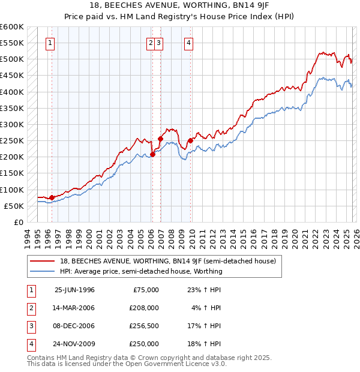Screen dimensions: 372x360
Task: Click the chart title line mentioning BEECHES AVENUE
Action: (x=181, y=4)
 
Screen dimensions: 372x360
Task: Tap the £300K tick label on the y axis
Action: (x=12, y=124)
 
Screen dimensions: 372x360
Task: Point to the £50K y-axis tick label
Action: (x=14, y=206)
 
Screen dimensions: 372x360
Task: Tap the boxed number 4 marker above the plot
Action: (x=188, y=43)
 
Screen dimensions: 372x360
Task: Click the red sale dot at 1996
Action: (x=52, y=197)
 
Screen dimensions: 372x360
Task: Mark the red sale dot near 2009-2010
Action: (x=191, y=140)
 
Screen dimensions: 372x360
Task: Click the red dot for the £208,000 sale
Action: (x=152, y=154)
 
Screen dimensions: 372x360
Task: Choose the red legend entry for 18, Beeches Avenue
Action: (x=167, y=261)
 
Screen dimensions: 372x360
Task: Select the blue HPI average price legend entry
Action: (x=141, y=271)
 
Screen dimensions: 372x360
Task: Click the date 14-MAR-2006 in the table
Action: (x=74, y=308)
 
